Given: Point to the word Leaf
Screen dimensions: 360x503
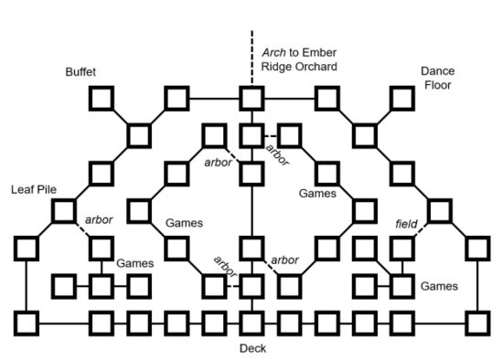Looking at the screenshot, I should (22, 190).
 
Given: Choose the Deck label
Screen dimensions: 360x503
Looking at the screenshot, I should (251, 348).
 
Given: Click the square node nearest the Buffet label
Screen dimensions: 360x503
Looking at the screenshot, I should (101, 97).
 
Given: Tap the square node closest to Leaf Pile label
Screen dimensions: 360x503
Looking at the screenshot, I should (63, 211).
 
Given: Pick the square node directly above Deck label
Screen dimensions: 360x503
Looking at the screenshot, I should (251, 323).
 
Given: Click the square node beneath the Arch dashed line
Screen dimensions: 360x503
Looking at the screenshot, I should (251, 97).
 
